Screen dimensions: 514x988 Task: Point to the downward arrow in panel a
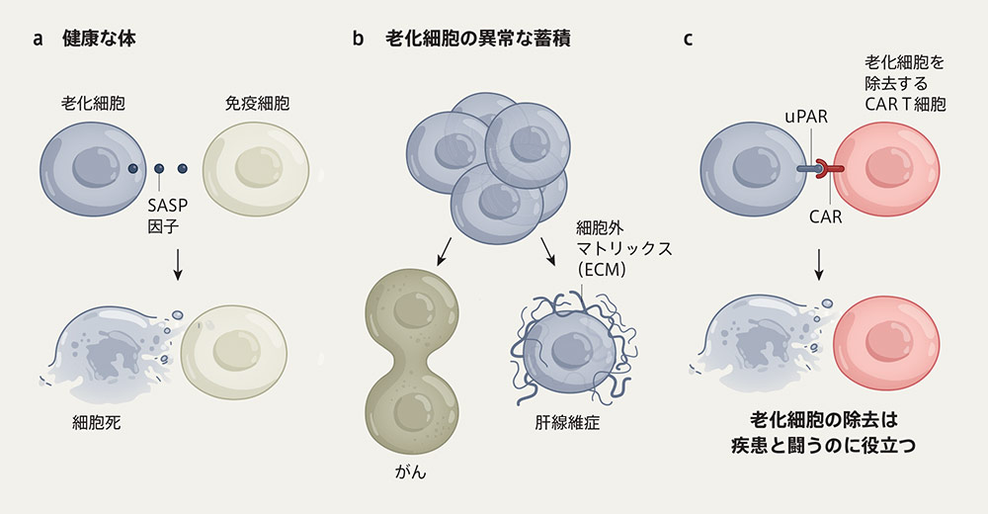pos(177,262)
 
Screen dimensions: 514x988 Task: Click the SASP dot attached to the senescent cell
pos(132,168)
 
